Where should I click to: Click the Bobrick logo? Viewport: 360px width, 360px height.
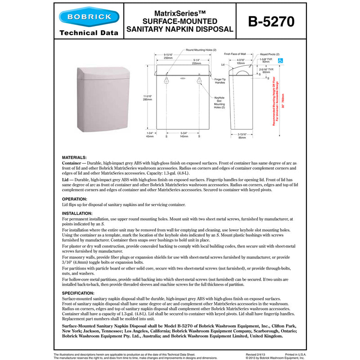click(90, 18)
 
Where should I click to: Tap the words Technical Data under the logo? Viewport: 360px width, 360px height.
click(89, 33)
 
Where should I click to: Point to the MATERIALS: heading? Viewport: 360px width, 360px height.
click(74, 157)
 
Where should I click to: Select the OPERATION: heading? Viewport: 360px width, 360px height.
click(75, 198)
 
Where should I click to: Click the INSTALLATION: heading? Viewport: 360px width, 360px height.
click(77, 213)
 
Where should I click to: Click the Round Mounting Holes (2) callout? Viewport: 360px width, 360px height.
click(201, 49)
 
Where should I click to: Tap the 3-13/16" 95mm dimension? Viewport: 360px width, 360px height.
click(242, 136)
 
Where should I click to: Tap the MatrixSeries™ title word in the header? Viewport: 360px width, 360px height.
click(180, 13)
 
